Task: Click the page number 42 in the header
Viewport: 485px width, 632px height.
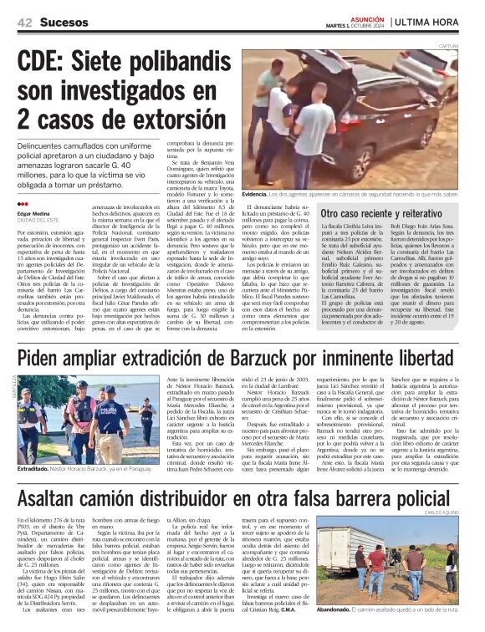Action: click(x=24, y=25)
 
